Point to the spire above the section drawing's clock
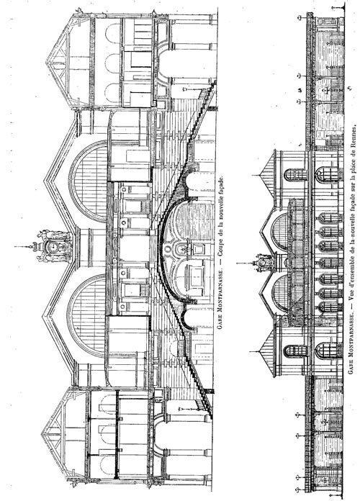pos(24,247)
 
